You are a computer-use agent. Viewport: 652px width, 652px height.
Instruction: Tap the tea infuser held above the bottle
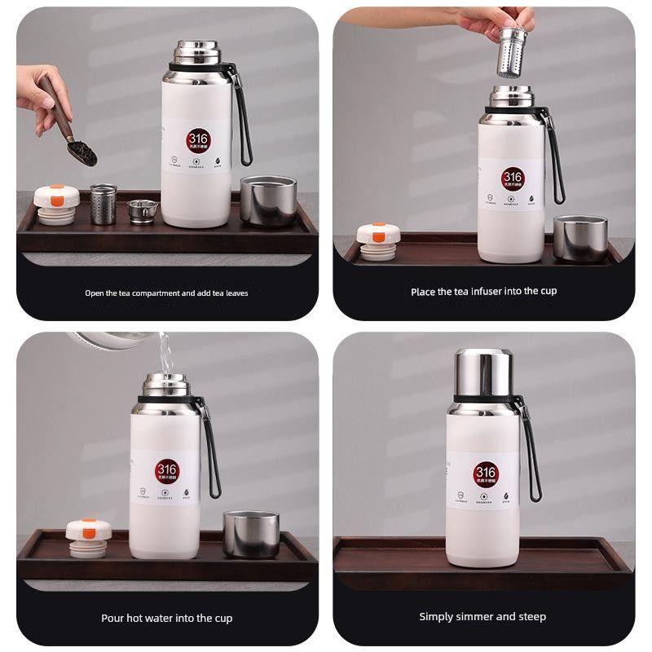(x=512, y=53)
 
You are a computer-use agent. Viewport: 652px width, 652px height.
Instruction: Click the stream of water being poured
(x=165, y=355)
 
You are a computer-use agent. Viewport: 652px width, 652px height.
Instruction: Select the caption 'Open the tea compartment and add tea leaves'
(x=166, y=293)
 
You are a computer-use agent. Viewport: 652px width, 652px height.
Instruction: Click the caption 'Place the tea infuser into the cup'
(x=484, y=291)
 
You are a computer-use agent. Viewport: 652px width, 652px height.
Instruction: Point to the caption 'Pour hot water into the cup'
(x=166, y=619)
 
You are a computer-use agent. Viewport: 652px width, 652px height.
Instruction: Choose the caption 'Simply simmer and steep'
(x=482, y=617)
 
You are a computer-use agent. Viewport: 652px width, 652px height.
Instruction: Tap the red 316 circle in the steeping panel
(x=485, y=473)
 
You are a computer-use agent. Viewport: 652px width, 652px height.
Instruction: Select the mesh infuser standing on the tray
(x=103, y=204)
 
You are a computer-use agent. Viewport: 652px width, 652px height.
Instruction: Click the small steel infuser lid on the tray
(x=142, y=210)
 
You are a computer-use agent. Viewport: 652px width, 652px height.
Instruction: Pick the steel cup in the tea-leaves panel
(x=268, y=200)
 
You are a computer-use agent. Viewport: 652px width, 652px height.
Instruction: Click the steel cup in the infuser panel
(x=579, y=238)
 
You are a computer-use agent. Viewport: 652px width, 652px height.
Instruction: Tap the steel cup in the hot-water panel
(x=251, y=535)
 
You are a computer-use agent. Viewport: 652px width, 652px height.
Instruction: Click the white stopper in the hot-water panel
(x=88, y=537)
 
